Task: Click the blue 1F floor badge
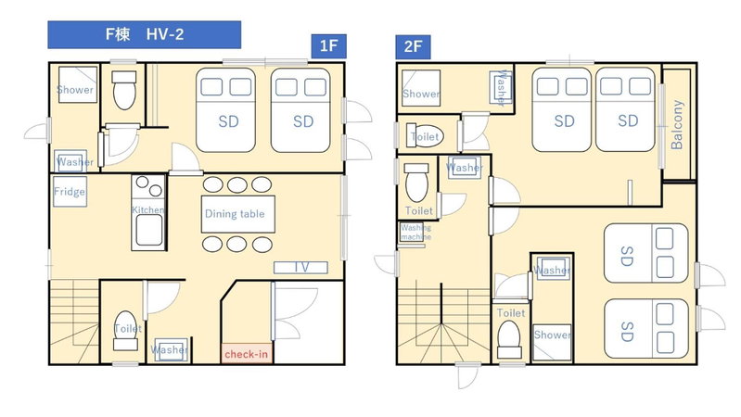point(328,46)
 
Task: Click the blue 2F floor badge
point(413,46)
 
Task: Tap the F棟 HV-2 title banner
point(144,34)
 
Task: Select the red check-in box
point(246,354)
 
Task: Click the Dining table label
point(235,214)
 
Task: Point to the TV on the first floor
point(301,268)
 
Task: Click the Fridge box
point(70,192)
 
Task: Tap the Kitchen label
point(147,209)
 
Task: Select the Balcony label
point(677,125)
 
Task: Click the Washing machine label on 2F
point(415,232)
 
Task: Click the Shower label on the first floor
point(75,90)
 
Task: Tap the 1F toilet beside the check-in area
point(126,331)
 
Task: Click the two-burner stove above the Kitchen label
point(148,185)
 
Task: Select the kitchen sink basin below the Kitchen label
point(149,231)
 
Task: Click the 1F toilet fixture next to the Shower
point(124,90)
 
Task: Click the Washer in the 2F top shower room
point(501,87)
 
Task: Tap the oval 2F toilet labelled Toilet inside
point(425,136)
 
